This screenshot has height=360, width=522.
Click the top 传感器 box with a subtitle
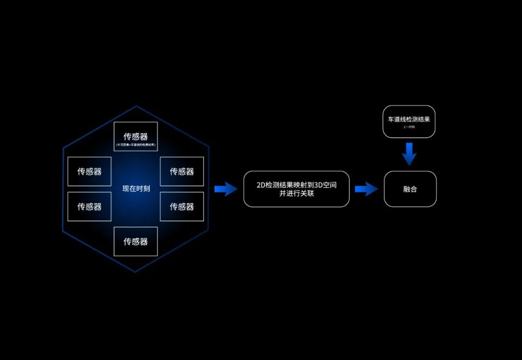tap(136, 136)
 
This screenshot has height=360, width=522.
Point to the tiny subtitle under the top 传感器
tap(136, 145)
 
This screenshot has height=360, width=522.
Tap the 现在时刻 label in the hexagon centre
tap(136, 189)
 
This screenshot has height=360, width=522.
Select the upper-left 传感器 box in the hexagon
tap(89, 172)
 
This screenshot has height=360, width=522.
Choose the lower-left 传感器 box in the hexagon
tap(89, 206)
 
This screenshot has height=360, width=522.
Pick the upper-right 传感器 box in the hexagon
tap(182, 172)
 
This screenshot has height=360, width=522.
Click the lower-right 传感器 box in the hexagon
tap(182, 206)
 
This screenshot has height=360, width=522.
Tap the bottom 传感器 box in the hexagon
tap(136, 241)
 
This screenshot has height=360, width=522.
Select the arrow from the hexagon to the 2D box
tap(225, 189)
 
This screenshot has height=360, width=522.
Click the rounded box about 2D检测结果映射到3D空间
tap(296, 189)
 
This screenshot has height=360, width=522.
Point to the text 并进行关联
tap(296, 194)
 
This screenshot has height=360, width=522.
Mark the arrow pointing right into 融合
tap(366, 189)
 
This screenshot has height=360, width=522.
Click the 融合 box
tap(410, 189)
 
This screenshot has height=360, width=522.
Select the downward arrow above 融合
tap(409, 154)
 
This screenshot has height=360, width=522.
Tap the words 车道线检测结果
tap(409, 119)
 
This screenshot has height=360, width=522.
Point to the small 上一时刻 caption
tap(409, 127)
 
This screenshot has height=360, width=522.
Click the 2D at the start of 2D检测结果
tap(261, 185)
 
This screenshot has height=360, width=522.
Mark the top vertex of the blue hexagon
tap(136, 106)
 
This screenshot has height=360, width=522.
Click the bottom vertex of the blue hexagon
tap(135, 272)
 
